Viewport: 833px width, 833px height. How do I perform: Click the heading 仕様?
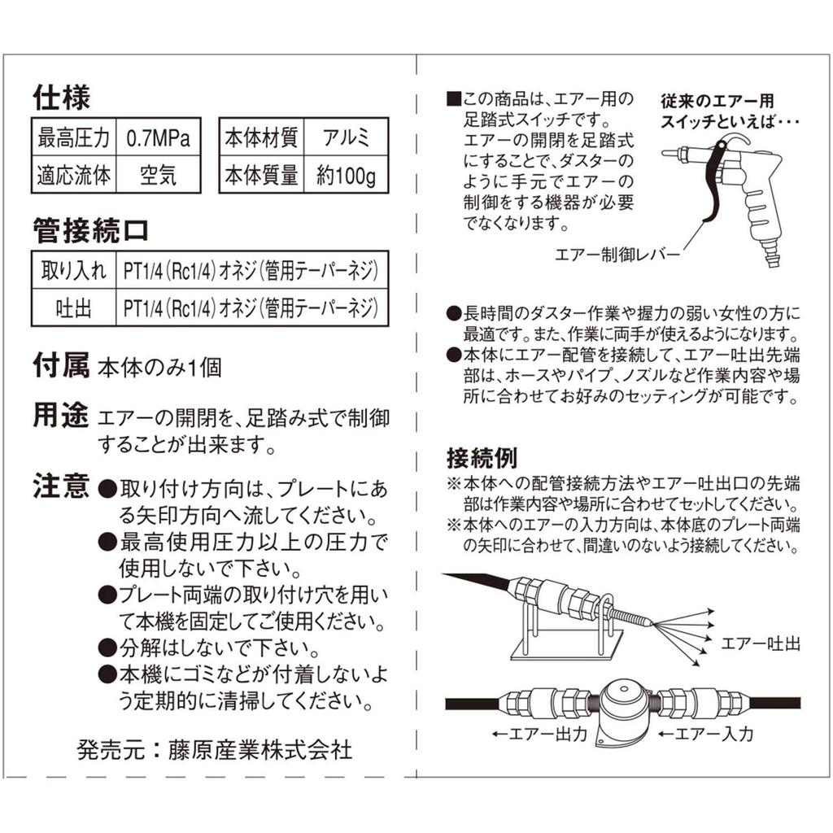(62, 98)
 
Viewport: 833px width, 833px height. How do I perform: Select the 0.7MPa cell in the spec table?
(158, 138)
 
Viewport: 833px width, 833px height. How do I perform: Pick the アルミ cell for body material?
(346, 137)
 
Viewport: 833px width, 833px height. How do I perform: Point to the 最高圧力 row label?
(73, 138)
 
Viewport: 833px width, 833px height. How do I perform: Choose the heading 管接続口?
(90, 230)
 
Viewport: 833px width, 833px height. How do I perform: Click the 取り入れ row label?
(74, 270)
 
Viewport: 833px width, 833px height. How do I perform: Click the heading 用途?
(60, 416)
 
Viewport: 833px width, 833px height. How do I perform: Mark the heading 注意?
(61, 486)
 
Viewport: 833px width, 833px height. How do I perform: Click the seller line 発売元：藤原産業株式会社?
(215, 749)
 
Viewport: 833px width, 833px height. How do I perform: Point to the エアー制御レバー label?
(617, 255)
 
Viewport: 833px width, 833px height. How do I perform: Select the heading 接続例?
(482, 458)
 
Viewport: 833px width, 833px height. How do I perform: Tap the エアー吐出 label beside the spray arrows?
(761, 644)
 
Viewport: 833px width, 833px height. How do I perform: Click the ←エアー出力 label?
(539, 734)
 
